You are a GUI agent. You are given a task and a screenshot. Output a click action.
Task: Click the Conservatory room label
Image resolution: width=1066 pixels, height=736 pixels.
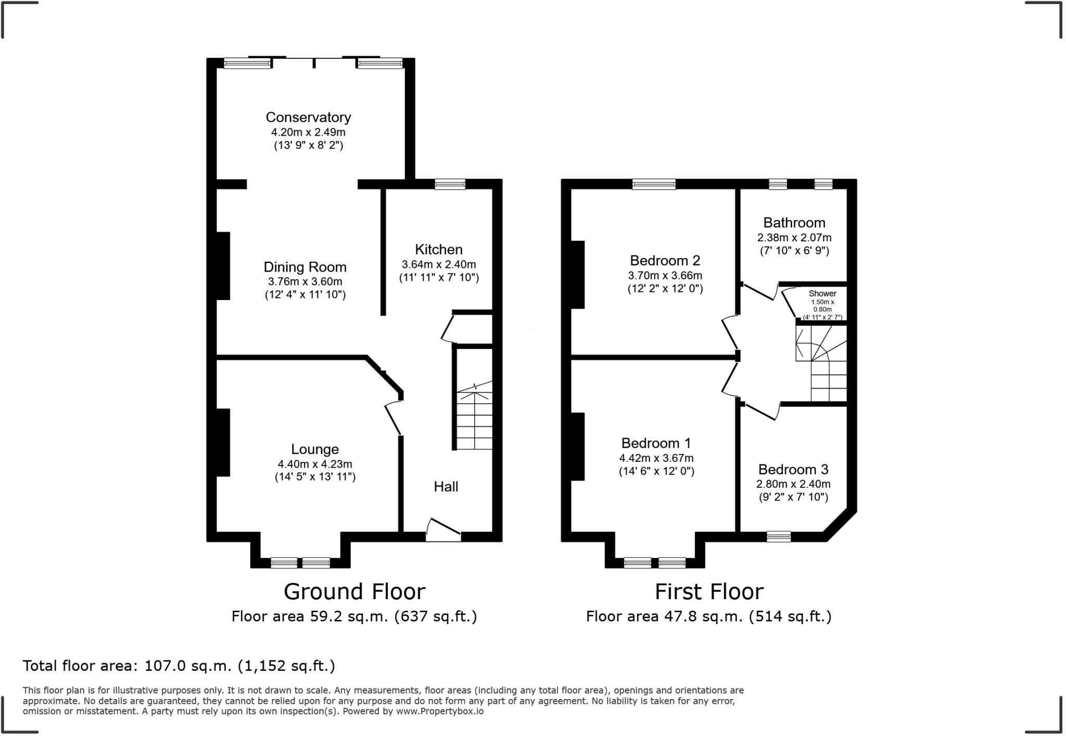tap(308, 118)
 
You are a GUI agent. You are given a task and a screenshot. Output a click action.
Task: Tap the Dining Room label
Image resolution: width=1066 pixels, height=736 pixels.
tap(305, 267)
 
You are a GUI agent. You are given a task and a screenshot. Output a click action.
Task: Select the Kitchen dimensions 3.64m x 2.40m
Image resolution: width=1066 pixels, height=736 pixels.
tap(439, 264)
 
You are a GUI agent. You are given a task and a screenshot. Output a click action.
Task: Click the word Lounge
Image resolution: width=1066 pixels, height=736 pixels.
tap(315, 449)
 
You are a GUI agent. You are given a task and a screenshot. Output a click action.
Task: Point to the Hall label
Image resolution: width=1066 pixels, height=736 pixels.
tap(446, 487)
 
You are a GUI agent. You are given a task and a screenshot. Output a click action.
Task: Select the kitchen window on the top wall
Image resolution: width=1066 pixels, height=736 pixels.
tap(450, 184)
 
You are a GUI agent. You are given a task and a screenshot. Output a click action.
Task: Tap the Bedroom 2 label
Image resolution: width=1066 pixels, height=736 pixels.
tap(665, 261)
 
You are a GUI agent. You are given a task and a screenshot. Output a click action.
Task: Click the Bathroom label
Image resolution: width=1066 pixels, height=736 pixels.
tap(794, 223)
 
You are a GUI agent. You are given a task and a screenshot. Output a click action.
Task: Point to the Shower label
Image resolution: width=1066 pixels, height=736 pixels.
tap(822, 293)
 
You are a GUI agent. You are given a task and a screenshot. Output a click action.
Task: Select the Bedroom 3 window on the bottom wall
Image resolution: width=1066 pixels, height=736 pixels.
tap(779, 536)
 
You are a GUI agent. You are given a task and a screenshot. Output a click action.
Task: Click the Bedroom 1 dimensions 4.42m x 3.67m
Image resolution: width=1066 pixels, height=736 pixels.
tap(656, 458)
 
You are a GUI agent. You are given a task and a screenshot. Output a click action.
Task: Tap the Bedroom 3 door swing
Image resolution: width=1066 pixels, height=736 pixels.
tap(761, 410)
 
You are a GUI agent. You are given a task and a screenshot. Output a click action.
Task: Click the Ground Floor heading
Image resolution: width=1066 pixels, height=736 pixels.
tap(354, 591)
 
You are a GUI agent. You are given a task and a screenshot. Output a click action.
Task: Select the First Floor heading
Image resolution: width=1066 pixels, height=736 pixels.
tap(709, 591)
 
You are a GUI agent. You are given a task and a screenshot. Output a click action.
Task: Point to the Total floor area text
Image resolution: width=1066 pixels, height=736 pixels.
tap(179, 666)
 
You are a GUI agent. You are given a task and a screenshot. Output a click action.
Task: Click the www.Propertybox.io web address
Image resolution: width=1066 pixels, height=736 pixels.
tap(440, 711)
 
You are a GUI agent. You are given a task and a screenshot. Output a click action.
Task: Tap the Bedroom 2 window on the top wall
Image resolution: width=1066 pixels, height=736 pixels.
tap(654, 184)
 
